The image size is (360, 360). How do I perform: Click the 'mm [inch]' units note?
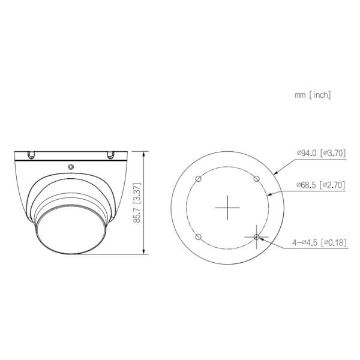(313, 94)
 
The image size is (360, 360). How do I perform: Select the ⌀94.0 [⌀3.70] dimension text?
(321, 154)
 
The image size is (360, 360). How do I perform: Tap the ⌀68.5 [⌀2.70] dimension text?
(321, 185)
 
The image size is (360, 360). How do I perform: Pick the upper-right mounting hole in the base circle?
(256, 178)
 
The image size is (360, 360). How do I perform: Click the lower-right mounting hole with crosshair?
(256, 237)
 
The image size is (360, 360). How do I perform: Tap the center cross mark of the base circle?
(227, 207)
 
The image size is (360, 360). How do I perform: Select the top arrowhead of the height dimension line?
(143, 154)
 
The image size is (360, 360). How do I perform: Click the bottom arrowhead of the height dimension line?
(143, 253)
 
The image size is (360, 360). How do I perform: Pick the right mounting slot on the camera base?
(110, 155)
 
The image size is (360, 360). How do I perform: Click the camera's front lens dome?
(71, 231)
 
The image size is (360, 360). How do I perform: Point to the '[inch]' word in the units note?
(320, 94)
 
